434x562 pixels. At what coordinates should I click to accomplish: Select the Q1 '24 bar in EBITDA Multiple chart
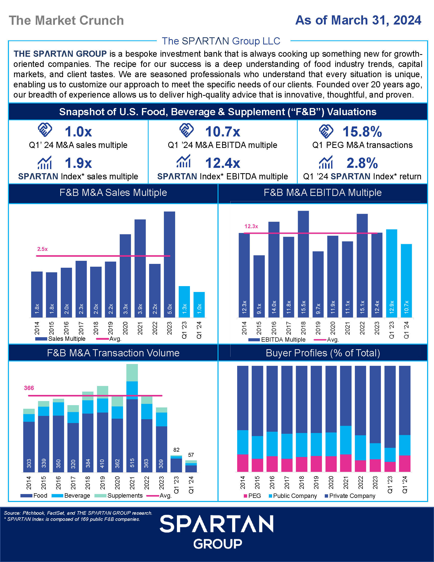click(x=406, y=280)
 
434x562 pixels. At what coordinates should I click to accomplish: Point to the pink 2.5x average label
click(x=42, y=249)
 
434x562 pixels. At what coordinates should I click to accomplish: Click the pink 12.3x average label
click(x=251, y=226)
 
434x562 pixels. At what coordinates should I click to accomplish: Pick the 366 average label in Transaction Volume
click(x=29, y=388)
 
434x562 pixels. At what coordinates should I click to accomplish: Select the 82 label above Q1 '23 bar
click(x=176, y=450)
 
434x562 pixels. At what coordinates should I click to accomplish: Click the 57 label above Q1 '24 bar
click(x=191, y=455)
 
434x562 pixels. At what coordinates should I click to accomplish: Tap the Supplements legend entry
click(x=125, y=496)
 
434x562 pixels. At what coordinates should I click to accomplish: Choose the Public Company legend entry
click(x=295, y=496)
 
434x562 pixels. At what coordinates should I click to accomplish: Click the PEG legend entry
click(x=255, y=496)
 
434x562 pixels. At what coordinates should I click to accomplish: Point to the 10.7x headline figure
click(x=223, y=132)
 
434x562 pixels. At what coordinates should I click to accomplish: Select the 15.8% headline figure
click(x=362, y=132)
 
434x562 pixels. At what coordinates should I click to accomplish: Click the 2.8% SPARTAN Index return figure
click(x=362, y=163)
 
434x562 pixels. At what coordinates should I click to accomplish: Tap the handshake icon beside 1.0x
click(x=45, y=130)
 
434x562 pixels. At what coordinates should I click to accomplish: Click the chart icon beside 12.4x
click(x=184, y=161)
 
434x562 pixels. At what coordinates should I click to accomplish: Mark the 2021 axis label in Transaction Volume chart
click(x=132, y=483)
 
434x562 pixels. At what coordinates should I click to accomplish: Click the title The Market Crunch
click(x=66, y=21)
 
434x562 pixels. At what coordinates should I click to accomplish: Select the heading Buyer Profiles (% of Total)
click(x=323, y=353)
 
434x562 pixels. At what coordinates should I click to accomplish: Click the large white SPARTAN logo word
click(x=216, y=524)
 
